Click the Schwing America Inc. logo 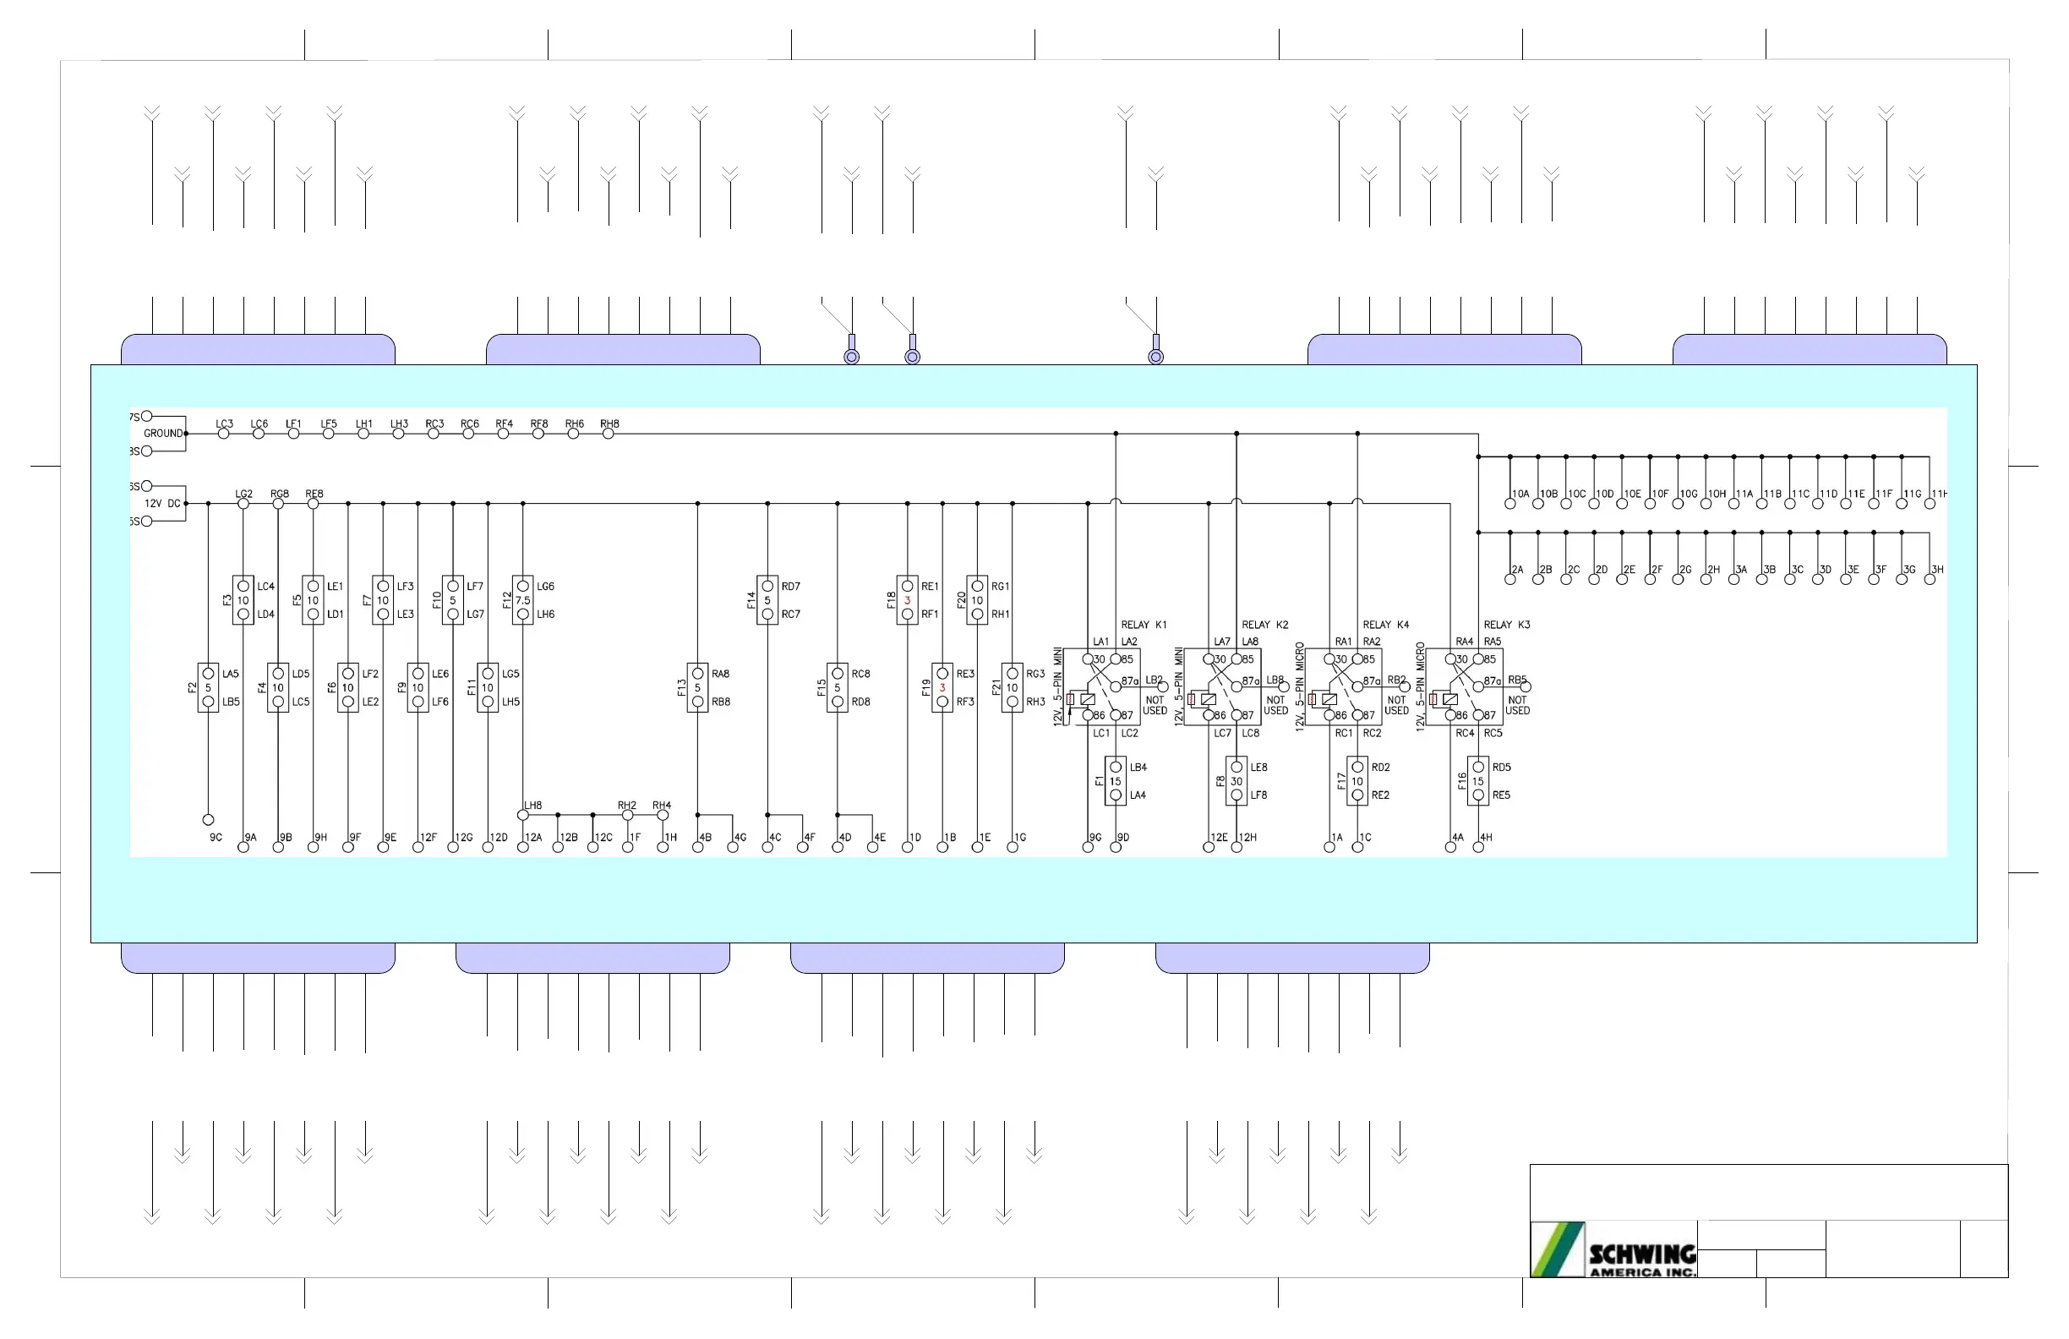[x=1613, y=1249]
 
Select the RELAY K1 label [x=1144, y=625]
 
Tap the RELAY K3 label [x=1507, y=625]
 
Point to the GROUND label [x=163, y=433]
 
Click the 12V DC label [x=162, y=504]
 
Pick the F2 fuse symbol [x=208, y=688]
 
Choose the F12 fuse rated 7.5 [x=522, y=600]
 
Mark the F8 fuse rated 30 [x=1236, y=781]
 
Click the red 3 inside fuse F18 [x=907, y=600]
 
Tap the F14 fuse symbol [x=767, y=600]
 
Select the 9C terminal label [x=216, y=838]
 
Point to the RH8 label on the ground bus [x=609, y=424]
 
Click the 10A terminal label [x=1520, y=494]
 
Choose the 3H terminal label [x=1937, y=570]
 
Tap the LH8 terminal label [x=533, y=805]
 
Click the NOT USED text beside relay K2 [x=1275, y=705]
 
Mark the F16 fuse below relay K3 [x=1478, y=781]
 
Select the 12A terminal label [x=533, y=838]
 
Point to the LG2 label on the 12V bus [x=244, y=494]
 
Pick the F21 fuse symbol [x=1012, y=688]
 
